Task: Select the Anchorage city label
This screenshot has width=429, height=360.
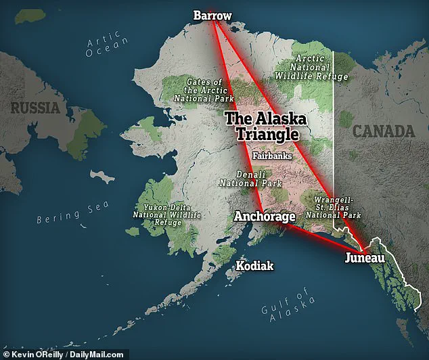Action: coord(265,217)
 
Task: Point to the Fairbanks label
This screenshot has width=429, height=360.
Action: coord(272,156)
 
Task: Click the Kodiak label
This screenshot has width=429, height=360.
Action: coord(254,266)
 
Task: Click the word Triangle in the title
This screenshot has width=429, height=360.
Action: coord(266,134)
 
